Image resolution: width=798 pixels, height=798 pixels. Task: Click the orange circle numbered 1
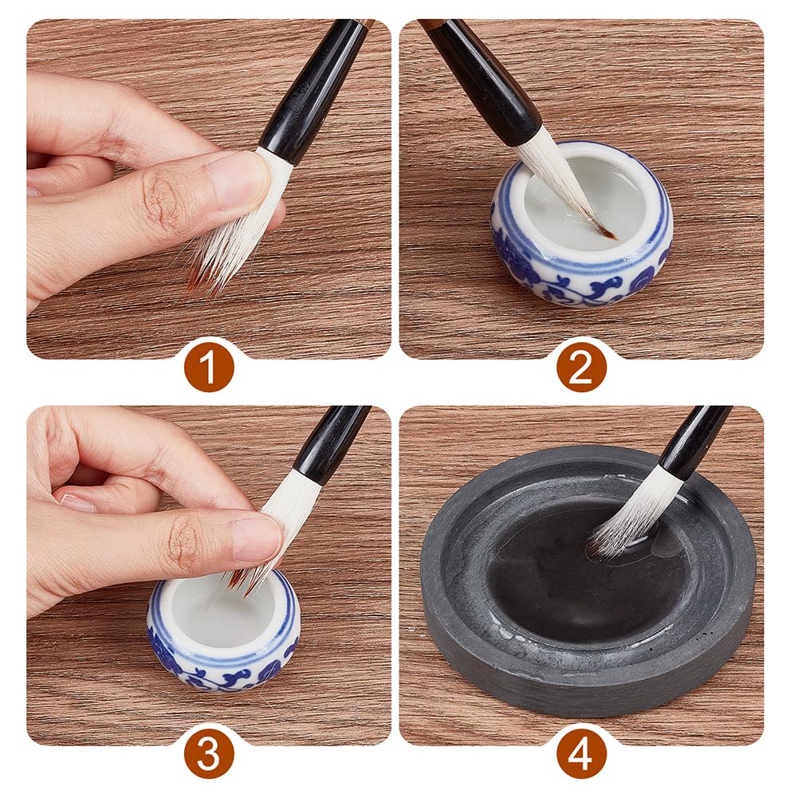point(209,367)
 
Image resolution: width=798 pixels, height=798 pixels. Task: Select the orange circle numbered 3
point(209,753)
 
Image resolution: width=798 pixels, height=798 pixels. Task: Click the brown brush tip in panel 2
point(606,233)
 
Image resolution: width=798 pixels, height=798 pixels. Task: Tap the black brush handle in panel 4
point(692,437)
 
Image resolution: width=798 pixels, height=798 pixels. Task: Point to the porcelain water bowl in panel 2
point(580,224)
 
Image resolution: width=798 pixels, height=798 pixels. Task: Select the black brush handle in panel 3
point(328,442)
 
